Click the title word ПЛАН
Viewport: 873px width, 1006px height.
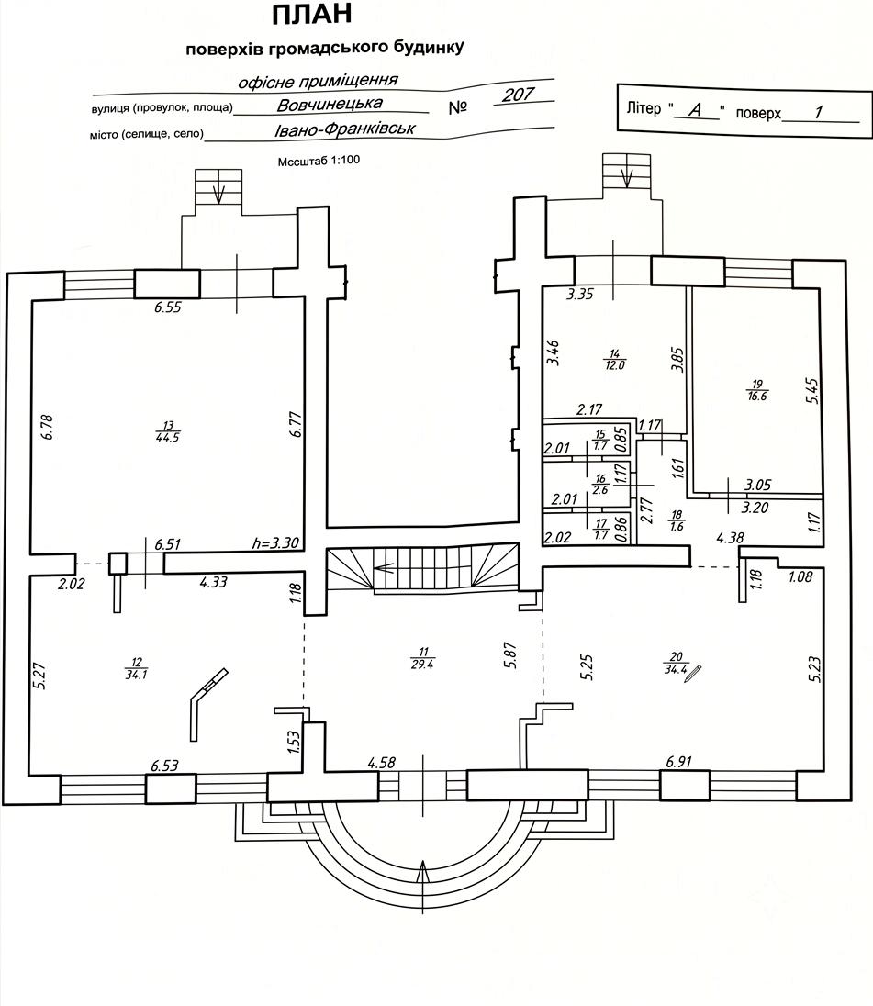point(312,14)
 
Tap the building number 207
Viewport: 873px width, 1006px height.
point(519,95)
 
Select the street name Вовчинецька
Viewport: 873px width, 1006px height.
point(330,104)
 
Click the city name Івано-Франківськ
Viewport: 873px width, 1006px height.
point(345,129)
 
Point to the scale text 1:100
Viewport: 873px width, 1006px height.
point(346,161)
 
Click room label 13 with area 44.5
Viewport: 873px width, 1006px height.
point(167,431)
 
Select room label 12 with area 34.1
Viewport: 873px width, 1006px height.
point(137,668)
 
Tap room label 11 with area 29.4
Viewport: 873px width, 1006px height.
point(422,658)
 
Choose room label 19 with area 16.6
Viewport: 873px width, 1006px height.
point(757,390)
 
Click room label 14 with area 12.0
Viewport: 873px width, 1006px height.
point(614,359)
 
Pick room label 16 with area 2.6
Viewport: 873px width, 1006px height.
point(600,485)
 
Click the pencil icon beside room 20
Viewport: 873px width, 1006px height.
point(693,674)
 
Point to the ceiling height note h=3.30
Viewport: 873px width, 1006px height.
point(275,542)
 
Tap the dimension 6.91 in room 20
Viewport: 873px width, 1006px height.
point(678,762)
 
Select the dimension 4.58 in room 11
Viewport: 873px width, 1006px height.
point(381,763)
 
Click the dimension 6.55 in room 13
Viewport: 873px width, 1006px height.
point(167,307)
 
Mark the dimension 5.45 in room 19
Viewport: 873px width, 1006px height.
point(811,390)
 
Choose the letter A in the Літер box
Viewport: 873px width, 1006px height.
point(695,110)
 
